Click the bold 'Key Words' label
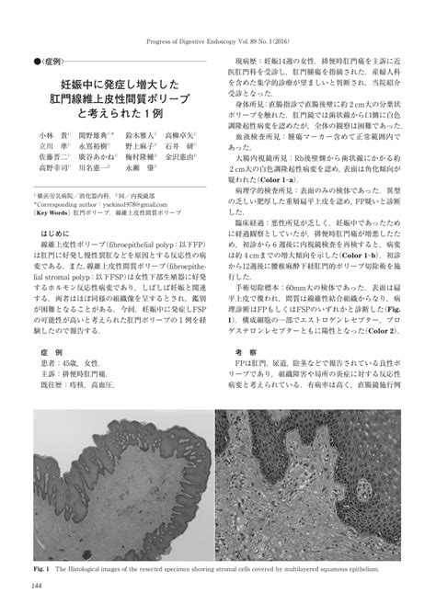(53, 236)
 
